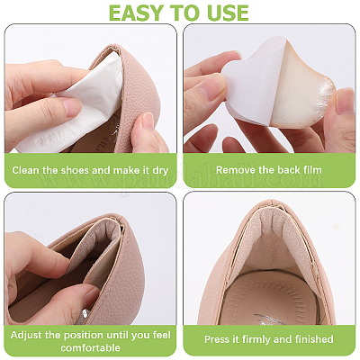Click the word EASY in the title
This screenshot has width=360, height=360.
(136, 12)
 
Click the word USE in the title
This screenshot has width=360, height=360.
(226, 12)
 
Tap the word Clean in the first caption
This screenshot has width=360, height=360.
(25, 170)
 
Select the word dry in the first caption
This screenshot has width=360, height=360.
(160, 171)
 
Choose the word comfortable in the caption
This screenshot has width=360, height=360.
(90, 348)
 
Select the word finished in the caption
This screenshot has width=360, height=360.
(314, 339)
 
